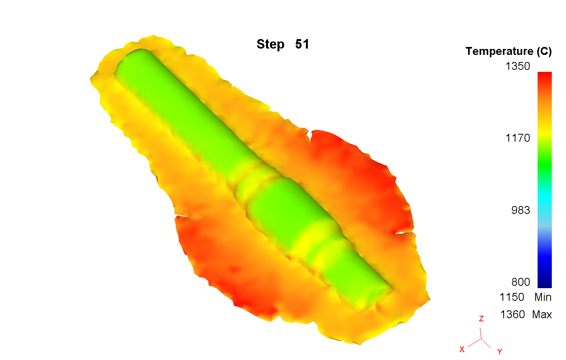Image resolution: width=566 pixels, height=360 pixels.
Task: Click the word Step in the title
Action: coord(270,45)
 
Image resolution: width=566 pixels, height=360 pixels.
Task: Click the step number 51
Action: coord(302,44)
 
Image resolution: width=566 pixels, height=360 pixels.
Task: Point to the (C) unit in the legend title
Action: coord(544,52)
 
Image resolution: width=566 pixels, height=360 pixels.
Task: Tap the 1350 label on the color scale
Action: coord(518,66)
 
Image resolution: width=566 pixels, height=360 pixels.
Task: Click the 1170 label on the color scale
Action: coord(518,138)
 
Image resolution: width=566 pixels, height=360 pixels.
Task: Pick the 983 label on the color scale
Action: coord(521,210)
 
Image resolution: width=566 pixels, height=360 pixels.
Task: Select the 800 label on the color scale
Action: coord(521,282)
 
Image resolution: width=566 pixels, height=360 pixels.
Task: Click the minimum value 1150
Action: coord(512,297)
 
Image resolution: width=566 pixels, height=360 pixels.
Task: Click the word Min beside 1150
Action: coord(543,297)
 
